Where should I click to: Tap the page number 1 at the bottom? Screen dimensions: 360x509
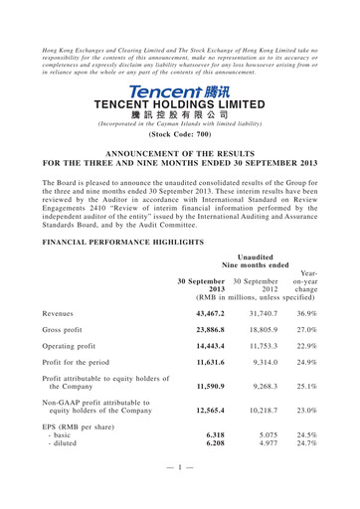(179, 494)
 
